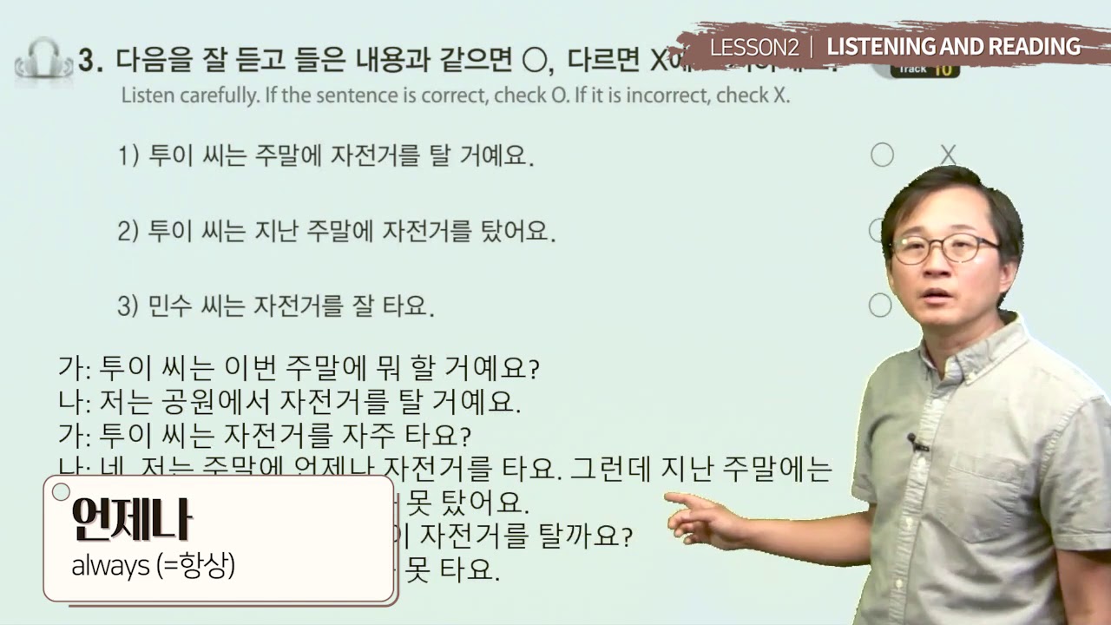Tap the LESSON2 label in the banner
click(x=753, y=47)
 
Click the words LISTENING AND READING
click(x=953, y=47)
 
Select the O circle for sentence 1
click(x=882, y=155)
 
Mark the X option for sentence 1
click(x=948, y=155)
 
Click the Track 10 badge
click(x=925, y=69)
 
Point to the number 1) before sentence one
click(x=128, y=156)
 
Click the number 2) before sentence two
click(x=128, y=232)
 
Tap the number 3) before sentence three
click(x=128, y=306)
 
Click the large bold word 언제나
click(x=132, y=521)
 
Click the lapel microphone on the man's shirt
click(x=917, y=444)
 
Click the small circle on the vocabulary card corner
click(x=61, y=492)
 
